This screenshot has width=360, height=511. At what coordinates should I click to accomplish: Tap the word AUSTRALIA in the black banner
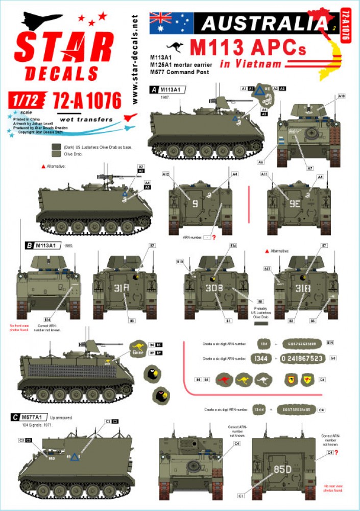click(263, 23)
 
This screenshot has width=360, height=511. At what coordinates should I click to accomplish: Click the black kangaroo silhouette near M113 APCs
click(176, 47)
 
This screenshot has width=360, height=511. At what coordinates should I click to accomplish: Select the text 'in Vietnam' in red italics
click(251, 64)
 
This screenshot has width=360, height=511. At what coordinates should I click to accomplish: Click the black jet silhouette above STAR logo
click(41, 22)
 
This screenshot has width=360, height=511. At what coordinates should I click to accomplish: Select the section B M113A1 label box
click(44, 245)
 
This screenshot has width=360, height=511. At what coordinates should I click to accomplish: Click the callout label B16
click(233, 246)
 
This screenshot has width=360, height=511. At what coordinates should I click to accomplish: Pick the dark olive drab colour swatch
click(56, 147)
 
